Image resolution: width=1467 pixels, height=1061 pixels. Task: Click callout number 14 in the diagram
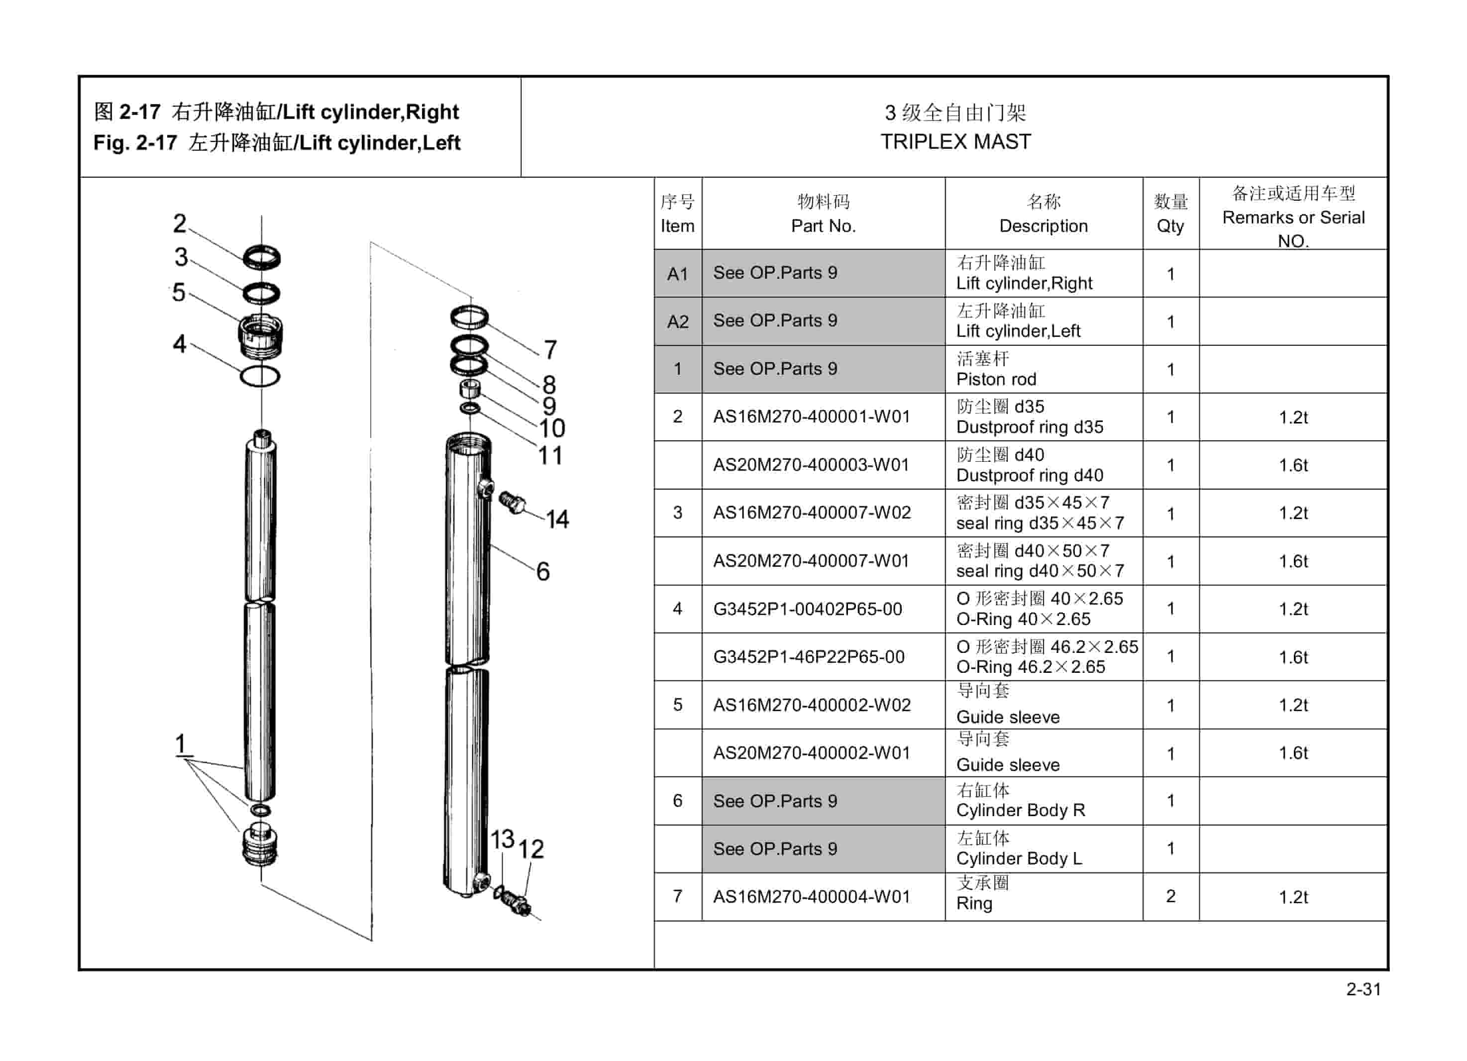click(556, 519)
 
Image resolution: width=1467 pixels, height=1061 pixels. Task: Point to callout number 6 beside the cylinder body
click(543, 571)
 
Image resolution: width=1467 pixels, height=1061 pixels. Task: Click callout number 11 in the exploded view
click(550, 455)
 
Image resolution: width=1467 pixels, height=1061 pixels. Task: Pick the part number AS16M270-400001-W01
click(811, 417)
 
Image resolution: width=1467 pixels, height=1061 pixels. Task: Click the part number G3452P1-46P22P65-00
click(809, 657)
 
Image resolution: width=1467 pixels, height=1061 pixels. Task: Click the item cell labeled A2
click(677, 321)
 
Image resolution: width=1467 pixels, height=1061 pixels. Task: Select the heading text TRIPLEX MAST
click(955, 142)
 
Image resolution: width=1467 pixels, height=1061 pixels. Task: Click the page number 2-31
click(1363, 989)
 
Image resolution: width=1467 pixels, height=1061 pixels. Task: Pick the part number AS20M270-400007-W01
click(811, 561)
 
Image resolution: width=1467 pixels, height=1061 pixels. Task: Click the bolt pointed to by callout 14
click(513, 503)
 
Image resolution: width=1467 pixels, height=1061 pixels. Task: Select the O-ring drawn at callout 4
click(260, 376)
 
